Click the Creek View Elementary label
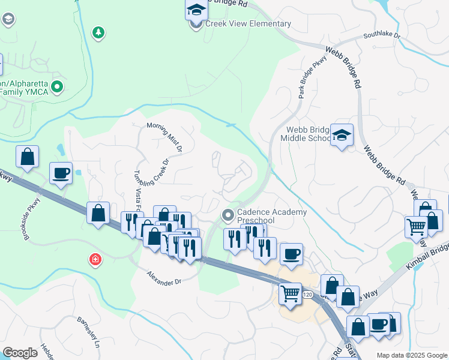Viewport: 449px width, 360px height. [x=248, y=24]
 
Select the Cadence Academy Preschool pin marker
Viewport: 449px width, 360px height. [x=228, y=215]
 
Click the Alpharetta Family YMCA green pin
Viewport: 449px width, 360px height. [x=57, y=88]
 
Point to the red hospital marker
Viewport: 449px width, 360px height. [x=95, y=260]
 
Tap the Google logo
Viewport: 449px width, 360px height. [x=20, y=353]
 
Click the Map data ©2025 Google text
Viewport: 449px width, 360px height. [x=412, y=355]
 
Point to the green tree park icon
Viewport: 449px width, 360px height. [x=98, y=32]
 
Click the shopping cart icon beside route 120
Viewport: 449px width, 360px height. [x=291, y=293]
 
